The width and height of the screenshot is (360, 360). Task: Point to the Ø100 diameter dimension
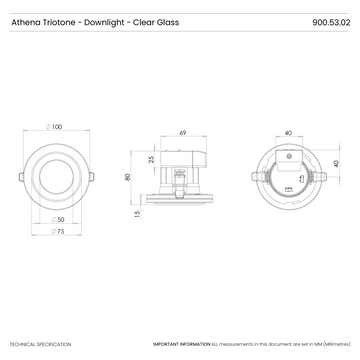tap(55, 127)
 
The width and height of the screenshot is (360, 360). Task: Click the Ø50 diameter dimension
tap(60, 219)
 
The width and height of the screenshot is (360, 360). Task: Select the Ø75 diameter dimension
tap(60, 231)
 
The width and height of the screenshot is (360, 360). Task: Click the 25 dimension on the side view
tap(151, 158)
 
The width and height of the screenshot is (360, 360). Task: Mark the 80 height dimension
tap(128, 177)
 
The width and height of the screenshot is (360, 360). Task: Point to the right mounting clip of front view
tap(93, 175)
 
